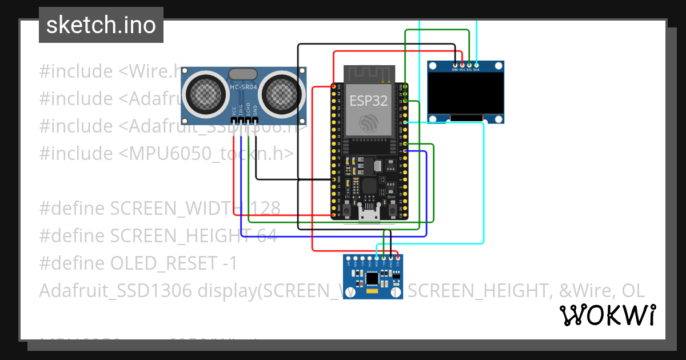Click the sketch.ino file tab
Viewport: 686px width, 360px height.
coord(101,25)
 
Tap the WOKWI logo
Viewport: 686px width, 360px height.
coord(607,315)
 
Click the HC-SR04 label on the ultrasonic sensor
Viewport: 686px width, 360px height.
coord(244,87)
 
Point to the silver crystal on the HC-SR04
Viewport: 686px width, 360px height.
coord(244,74)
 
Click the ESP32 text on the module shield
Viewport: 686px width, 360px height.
coord(369,101)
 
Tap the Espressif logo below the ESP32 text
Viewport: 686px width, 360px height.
coord(369,123)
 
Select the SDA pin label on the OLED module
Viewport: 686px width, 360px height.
coord(476,70)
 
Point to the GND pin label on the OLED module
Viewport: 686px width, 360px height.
coord(455,70)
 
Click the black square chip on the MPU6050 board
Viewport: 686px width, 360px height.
coord(372,278)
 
